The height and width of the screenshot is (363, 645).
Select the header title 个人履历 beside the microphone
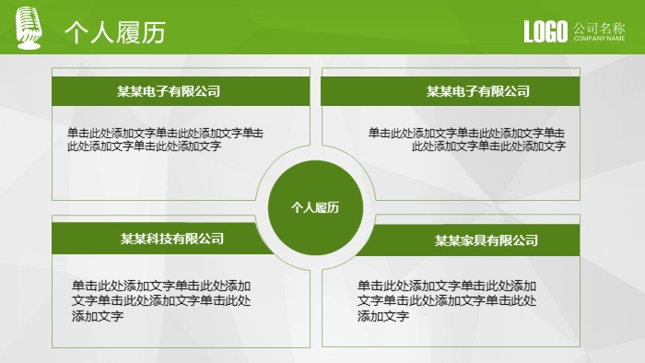point(114,32)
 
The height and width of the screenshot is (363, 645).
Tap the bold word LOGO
point(545,32)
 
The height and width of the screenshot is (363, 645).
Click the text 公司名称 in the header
point(599,28)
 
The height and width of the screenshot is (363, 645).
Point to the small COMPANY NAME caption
point(599,39)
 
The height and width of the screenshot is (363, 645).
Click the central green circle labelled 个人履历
point(315,207)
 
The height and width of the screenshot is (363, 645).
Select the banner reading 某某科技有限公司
point(172,239)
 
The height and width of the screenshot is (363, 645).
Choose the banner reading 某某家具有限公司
point(486,240)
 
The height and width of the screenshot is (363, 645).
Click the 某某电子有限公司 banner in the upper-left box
point(169,91)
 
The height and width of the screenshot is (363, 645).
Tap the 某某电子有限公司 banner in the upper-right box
point(477,91)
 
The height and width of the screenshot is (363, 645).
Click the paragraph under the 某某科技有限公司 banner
point(161,300)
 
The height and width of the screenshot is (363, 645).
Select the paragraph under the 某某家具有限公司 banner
point(447,300)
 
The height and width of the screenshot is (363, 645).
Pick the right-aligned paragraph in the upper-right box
point(467,138)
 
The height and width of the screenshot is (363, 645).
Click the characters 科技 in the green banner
point(159,239)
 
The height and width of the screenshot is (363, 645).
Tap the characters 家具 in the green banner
point(474,240)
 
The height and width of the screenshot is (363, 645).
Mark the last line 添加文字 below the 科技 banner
point(98,316)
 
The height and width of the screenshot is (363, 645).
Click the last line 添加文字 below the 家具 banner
point(383,316)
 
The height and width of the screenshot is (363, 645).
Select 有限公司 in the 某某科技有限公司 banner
point(198,239)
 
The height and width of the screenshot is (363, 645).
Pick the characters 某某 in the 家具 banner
point(448,240)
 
